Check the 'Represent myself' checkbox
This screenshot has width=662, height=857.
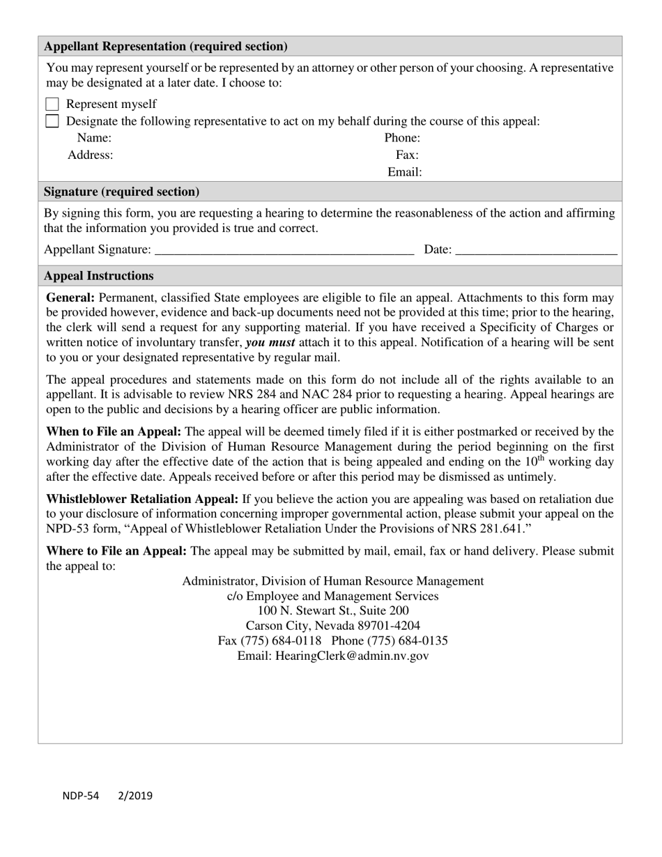tap(52, 105)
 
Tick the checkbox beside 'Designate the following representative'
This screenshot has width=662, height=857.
tap(52, 121)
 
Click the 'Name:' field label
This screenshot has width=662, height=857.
tap(94, 138)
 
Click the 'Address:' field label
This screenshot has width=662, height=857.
tap(90, 155)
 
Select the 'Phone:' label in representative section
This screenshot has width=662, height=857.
tap(402, 138)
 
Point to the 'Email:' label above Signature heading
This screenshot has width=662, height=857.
tap(405, 171)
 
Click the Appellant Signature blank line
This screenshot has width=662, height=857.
tap(284, 249)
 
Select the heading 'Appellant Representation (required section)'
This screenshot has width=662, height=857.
tap(166, 47)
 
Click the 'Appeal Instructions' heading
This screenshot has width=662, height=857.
tap(98, 276)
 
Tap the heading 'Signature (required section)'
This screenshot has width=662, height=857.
tap(121, 192)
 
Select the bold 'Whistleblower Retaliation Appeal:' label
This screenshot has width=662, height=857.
tap(142, 499)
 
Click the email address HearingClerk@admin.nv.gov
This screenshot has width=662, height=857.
tap(352, 656)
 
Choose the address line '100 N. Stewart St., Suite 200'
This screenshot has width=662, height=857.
tap(333, 610)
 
